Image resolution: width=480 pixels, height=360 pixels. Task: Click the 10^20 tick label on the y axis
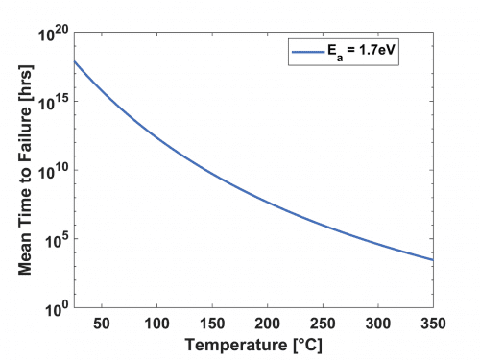(x=53, y=33)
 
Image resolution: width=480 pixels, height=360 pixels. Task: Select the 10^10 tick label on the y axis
(x=53, y=171)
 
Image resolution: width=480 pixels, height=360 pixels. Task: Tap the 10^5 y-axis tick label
(x=56, y=240)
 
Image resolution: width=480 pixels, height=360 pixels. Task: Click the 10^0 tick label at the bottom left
(x=56, y=309)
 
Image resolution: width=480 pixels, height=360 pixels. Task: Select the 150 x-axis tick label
(x=211, y=324)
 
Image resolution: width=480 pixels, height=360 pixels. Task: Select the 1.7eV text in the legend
(x=377, y=52)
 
